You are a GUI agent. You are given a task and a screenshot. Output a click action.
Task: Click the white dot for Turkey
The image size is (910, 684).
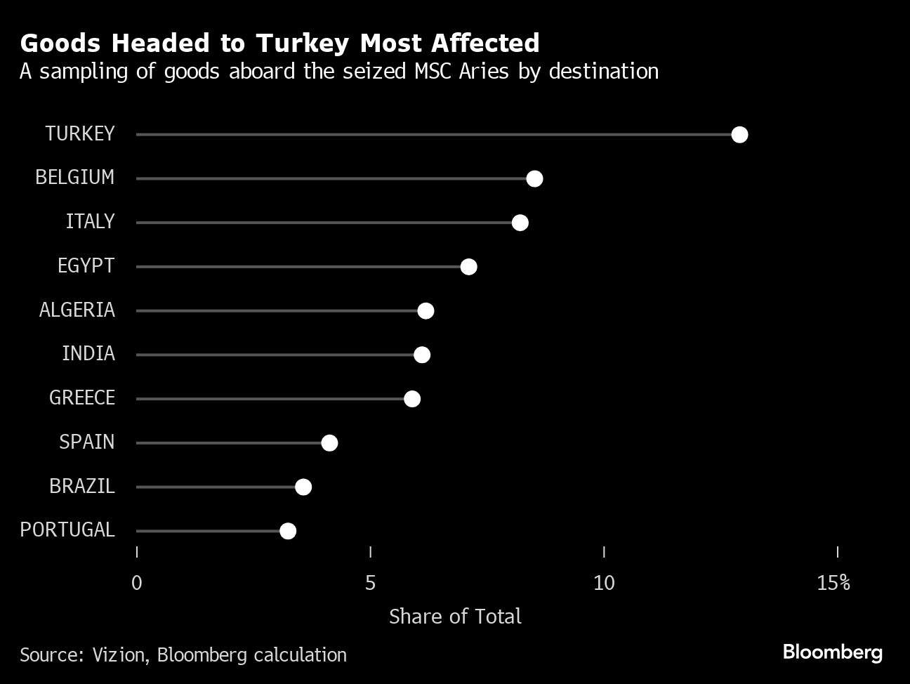739,135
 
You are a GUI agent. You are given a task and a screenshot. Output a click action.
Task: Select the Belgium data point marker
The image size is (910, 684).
534,179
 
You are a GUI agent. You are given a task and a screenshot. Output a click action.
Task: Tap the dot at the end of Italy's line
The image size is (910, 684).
520,223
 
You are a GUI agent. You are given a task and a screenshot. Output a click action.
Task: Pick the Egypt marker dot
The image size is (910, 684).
468,267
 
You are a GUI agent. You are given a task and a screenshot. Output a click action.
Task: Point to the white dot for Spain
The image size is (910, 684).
329,443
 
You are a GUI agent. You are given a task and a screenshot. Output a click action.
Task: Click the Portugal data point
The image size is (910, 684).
288,531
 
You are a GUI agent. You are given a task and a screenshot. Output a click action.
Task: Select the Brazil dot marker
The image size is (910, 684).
303,487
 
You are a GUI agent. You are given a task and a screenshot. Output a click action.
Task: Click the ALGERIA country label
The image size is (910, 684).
77,310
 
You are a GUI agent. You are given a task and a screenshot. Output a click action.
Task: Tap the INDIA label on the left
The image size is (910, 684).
88,353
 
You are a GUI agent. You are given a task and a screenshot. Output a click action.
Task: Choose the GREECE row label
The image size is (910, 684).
82,397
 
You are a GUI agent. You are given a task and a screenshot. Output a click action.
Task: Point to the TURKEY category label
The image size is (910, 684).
80,133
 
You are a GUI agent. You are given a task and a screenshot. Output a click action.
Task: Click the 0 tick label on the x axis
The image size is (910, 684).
137,583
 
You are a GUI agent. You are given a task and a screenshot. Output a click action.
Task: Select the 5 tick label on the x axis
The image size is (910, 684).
370,583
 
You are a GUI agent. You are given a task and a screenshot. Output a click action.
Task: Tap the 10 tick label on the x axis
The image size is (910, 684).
604,583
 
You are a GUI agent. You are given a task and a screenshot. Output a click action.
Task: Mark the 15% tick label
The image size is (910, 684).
833,583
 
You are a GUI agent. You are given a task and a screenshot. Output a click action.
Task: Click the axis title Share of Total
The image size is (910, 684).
455,617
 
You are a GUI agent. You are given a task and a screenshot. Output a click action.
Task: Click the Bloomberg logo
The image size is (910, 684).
832,652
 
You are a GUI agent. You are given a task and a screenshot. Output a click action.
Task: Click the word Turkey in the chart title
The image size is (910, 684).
302,44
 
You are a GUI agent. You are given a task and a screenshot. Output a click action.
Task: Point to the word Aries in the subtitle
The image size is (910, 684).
484,72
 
